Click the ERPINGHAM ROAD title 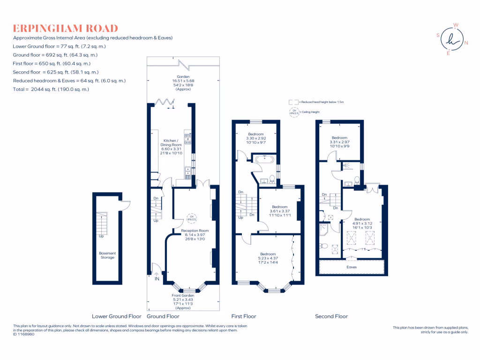click(x=65, y=29)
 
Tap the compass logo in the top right click(x=452, y=40)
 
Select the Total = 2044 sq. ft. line click(x=51, y=89)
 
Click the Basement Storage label click(x=107, y=255)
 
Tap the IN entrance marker click(x=157, y=279)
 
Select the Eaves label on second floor click(x=352, y=267)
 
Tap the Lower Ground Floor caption click(x=117, y=316)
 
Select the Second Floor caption click(x=331, y=316)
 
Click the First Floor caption click(x=244, y=316)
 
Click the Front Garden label click(x=183, y=296)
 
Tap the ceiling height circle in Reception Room click(x=191, y=217)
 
